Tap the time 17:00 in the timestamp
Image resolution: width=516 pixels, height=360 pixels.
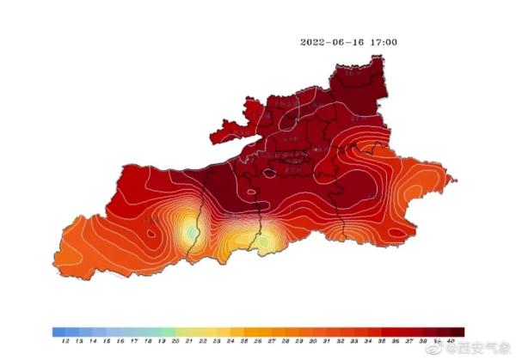coord(384,41)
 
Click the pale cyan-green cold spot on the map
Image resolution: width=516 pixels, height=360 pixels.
coord(191,232)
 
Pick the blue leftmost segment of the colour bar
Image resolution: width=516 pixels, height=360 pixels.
coord(58,331)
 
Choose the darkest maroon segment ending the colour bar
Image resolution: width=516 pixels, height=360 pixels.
coord(458,331)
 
